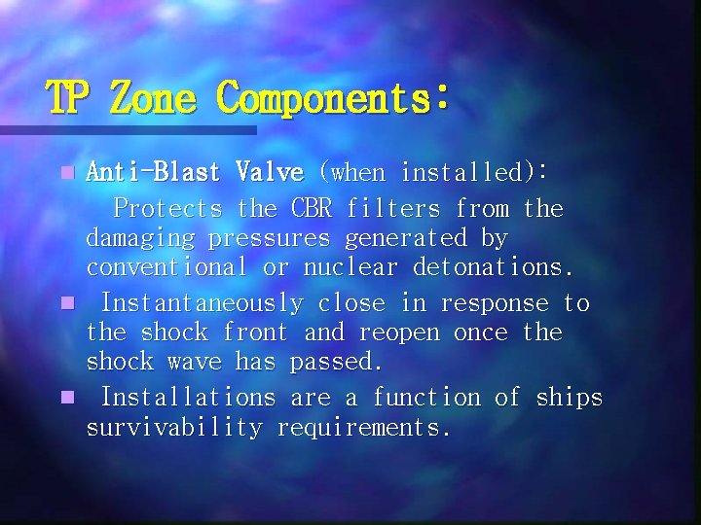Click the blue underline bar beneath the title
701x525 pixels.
(127, 129)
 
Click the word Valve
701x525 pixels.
(269, 173)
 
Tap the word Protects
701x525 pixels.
(168, 208)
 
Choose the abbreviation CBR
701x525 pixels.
(311, 208)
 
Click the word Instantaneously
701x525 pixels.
(203, 303)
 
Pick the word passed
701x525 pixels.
(337, 362)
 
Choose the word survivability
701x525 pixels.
(174, 428)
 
